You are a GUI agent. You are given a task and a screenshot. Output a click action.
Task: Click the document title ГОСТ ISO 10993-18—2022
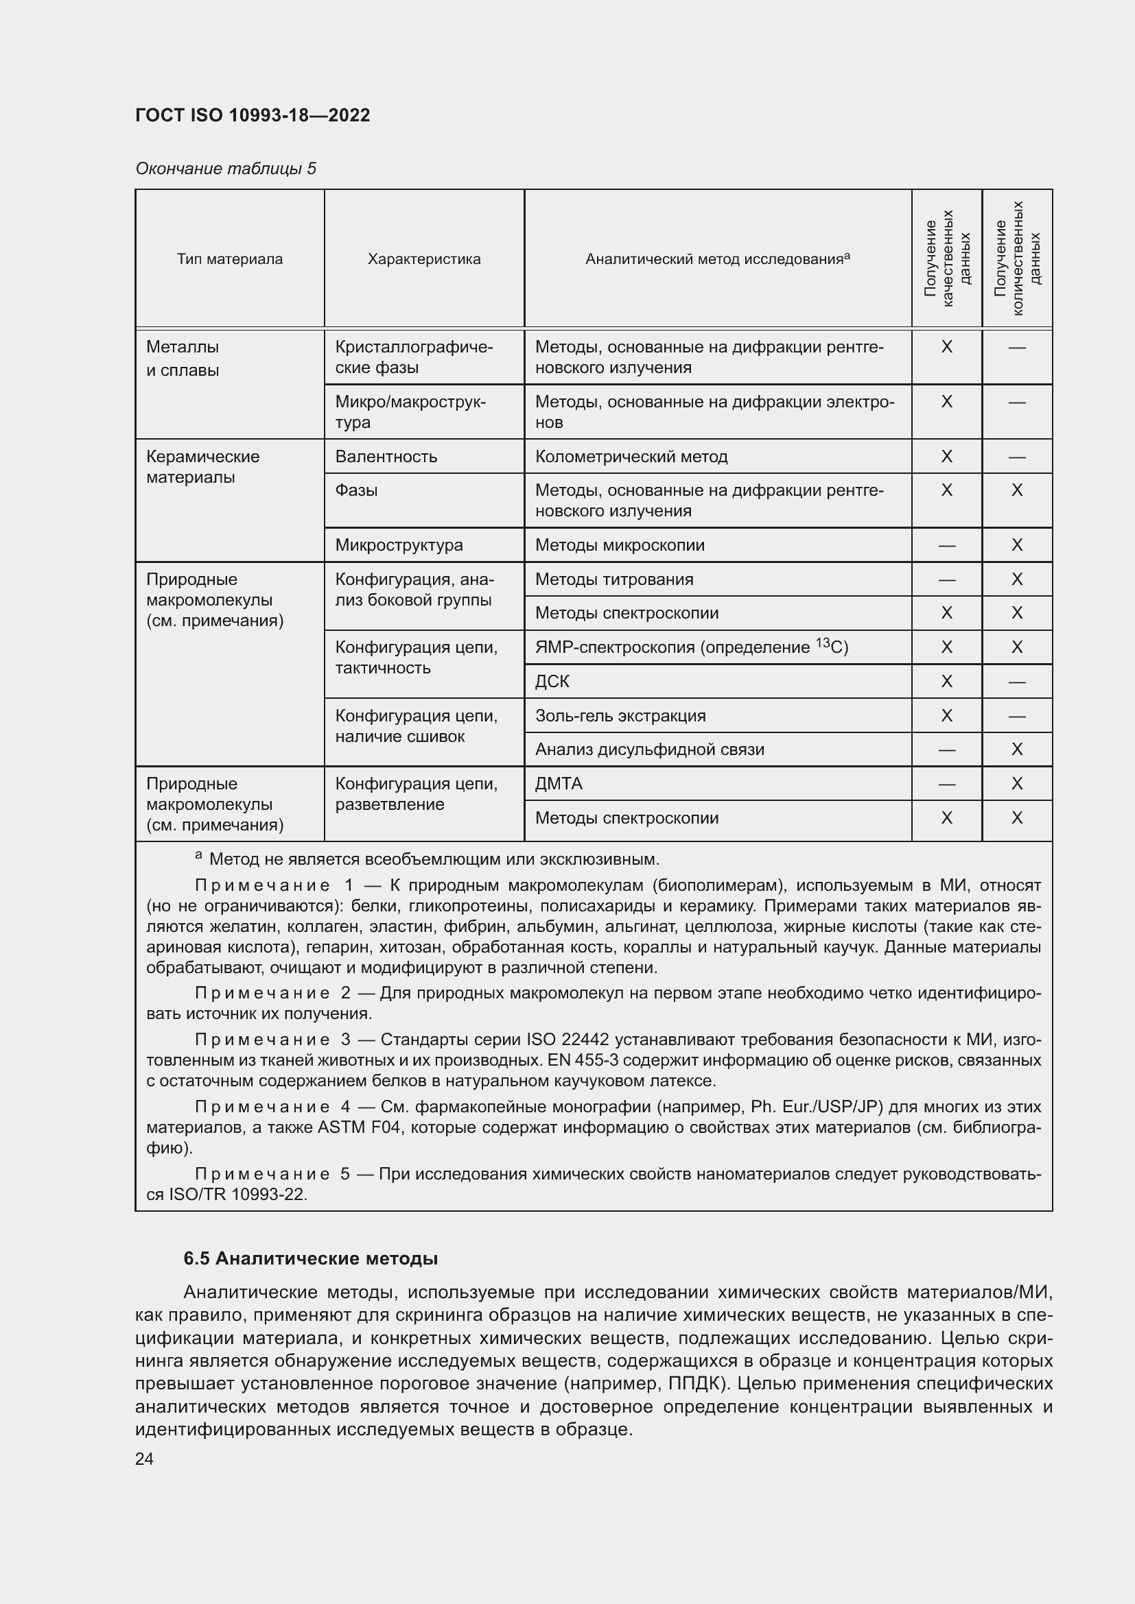point(253,115)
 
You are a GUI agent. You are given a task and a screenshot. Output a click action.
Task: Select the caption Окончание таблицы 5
point(225,169)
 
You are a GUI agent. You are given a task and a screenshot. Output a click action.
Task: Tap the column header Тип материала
point(229,259)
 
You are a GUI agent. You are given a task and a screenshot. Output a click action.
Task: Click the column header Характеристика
point(423,259)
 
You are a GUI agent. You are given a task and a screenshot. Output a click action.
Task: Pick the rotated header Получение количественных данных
point(1017,258)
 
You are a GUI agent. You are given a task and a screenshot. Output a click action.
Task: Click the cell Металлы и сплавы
point(183,359)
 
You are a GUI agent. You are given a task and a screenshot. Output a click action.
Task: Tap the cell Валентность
point(386,457)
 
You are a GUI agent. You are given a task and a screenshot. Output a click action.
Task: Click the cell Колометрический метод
point(631,457)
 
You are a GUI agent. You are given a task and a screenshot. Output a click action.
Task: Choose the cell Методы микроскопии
point(619,545)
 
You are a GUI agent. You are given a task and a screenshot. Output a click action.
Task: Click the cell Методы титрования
point(613,579)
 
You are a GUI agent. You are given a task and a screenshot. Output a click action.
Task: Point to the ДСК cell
point(552,681)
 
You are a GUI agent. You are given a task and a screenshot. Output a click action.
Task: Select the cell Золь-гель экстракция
point(620,715)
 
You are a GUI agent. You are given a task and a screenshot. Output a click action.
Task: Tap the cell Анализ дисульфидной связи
point(649,750)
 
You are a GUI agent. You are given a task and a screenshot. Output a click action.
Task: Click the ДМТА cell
point(559,784)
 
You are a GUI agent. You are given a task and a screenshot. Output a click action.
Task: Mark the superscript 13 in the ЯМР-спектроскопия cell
point(823,643)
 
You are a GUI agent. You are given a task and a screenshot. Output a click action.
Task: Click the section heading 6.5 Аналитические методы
point(310,1259)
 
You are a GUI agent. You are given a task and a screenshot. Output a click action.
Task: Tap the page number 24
point(144,1459)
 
